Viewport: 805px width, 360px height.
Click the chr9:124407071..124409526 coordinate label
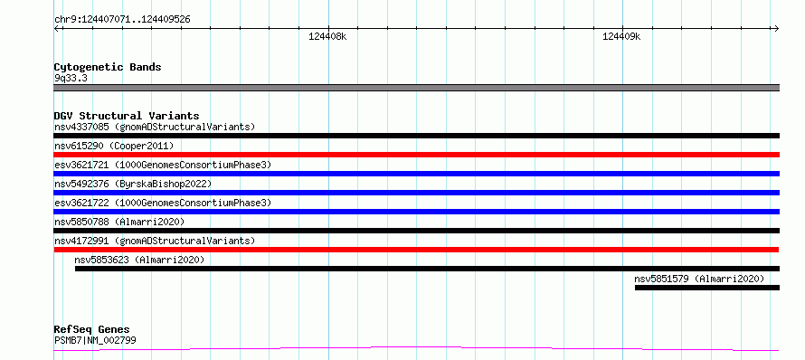[x=122, y=20]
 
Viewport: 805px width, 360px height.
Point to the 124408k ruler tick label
[x=327, y=36]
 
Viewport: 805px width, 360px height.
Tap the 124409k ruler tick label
[x=621, y=36]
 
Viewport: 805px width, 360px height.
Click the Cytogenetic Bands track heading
[x=108, y=67]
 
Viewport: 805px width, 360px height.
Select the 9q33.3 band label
[x=70, y=78]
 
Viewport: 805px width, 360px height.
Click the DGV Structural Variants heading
[x=127, y=116]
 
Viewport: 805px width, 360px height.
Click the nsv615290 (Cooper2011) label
[x=114, y=146]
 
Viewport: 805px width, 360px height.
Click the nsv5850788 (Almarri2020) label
[x=119, y=222]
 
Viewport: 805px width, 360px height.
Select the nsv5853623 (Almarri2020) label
[x=139, y=260]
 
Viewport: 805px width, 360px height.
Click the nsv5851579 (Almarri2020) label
[x=699, y=279]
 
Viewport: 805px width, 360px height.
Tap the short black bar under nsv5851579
[x=707, y=288]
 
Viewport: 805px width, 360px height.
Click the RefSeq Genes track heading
[x=92, y=330]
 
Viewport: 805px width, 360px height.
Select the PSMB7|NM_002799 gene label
[x=95, y=340]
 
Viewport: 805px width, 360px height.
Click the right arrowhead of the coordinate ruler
[x=777, y=28]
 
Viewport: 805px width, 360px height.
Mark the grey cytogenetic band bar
[x=416, y=88]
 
